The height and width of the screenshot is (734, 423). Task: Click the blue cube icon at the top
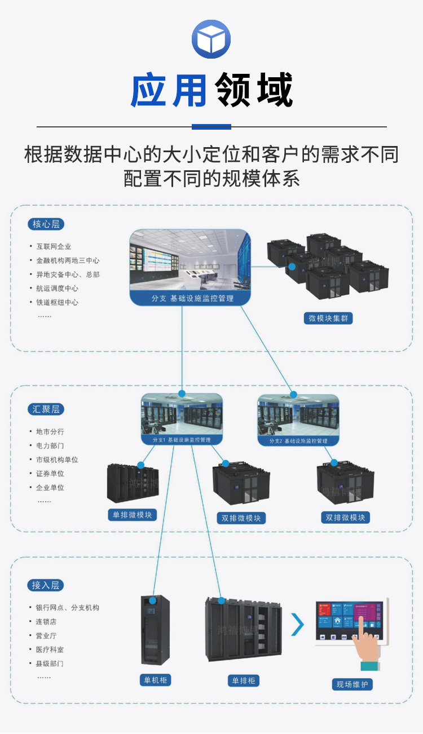pyautogui.click(x=211, y=39)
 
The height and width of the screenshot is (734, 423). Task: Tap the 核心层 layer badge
pyautogui.click(x=46, y=224)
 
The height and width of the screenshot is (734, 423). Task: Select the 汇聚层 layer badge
pyautogui.click(x=46, y=409)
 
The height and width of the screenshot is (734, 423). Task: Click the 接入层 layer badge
pyautogui.click(x=45, y=585)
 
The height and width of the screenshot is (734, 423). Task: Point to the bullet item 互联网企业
pyautogui.click(x=54, y=246)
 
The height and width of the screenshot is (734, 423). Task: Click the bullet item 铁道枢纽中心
pyautogui.click(x=57, y=302)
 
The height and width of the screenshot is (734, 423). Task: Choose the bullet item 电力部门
pyautogui.click(x=50, y=445)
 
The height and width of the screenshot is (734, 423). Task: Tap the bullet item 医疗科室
pyautogui.click(x=50, y=649)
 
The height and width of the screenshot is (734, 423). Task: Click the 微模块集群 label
pyautogui.click(x=328, y=319)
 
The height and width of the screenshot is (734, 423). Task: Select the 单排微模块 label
pyautogui.click(x=132, y=515)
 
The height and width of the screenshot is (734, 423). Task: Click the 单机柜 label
pyautogui.click(x=155, y=680)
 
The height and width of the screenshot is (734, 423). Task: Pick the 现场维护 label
pyautogui.click(x=352, y=684)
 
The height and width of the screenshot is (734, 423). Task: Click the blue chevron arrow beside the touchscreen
pyautogui.click(x=297, y=624)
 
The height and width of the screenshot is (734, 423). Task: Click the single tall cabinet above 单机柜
pyautogui.click(x=155, y=630)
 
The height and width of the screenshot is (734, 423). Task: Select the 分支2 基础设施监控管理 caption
pyautogui.click(x=298, y=440)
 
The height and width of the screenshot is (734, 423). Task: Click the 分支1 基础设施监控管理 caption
pyautogui.click(x=182, y=440)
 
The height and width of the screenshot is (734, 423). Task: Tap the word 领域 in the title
pyautogui.click(x=254, y=90)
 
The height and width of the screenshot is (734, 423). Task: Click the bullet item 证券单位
pyautogui.click(x=50, y=474)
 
